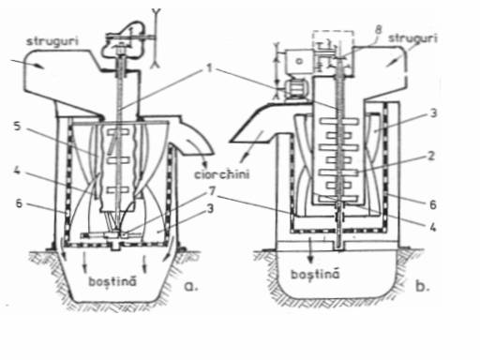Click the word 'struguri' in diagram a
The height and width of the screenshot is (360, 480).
pyautogui.click(x=52, y=41)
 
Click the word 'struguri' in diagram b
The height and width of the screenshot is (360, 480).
pyautogui.click(x=412, y=38)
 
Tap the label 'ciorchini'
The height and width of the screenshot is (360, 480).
pyautogui.click(x=222, y=173)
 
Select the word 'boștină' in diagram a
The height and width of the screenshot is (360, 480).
pyautogui.click(x=112, y=281)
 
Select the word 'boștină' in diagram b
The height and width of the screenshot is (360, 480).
pyautogui.click(x=315, y=274)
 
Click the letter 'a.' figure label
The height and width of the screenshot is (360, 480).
pyautogui.click(x=191, y=286)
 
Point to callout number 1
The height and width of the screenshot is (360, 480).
pyautogui.click(x=209, y=67)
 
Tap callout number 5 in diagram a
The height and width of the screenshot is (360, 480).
pyautogui.click(x=18, y=127)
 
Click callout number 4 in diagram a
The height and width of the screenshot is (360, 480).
pyautogui.click(x=17, y=171)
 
